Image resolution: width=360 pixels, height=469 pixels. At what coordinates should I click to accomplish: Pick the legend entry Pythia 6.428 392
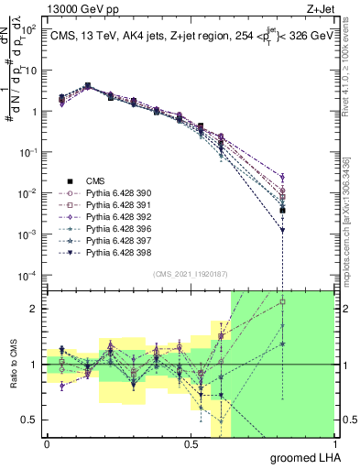tap(115, 217)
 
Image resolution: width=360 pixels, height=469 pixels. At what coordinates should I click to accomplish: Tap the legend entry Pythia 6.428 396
tap(115, 229)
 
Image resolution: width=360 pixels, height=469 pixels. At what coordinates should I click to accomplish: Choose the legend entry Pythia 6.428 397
tap(115, 241)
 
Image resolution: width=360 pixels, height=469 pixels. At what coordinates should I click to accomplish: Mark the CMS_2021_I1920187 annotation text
tap(190, 274)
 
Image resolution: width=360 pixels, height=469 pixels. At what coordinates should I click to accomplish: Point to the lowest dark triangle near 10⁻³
tap(283, 231)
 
